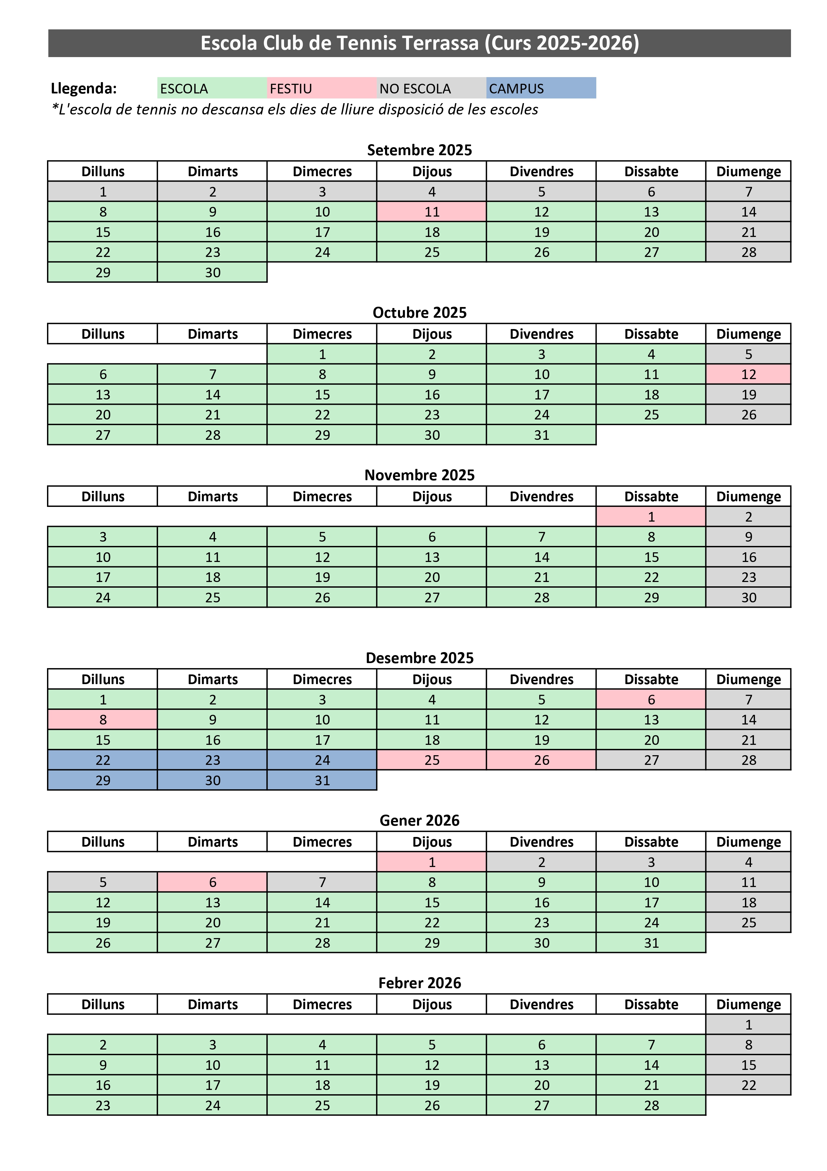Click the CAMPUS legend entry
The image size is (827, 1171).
pos(541,88)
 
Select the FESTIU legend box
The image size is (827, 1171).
pos(322,88)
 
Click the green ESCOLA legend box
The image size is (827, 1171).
pos(212,88)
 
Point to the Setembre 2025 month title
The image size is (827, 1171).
pos(419,150)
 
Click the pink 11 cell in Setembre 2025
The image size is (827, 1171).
pos(432,212)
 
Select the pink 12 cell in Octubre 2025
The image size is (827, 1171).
pos(748,374)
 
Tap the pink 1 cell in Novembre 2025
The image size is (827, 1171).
pos(651,517)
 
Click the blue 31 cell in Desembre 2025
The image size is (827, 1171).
pos(322,780)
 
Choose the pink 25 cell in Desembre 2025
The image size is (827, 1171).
pos(432,760)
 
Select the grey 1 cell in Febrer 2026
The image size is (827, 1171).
pos(748,1024)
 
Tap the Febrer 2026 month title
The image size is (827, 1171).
pos(419,983)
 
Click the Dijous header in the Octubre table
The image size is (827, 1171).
pos(432,334)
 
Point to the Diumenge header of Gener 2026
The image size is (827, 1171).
pos(748,842)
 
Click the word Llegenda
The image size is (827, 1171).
pos(84,88)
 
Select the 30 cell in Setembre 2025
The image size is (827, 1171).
pos(212,272)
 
